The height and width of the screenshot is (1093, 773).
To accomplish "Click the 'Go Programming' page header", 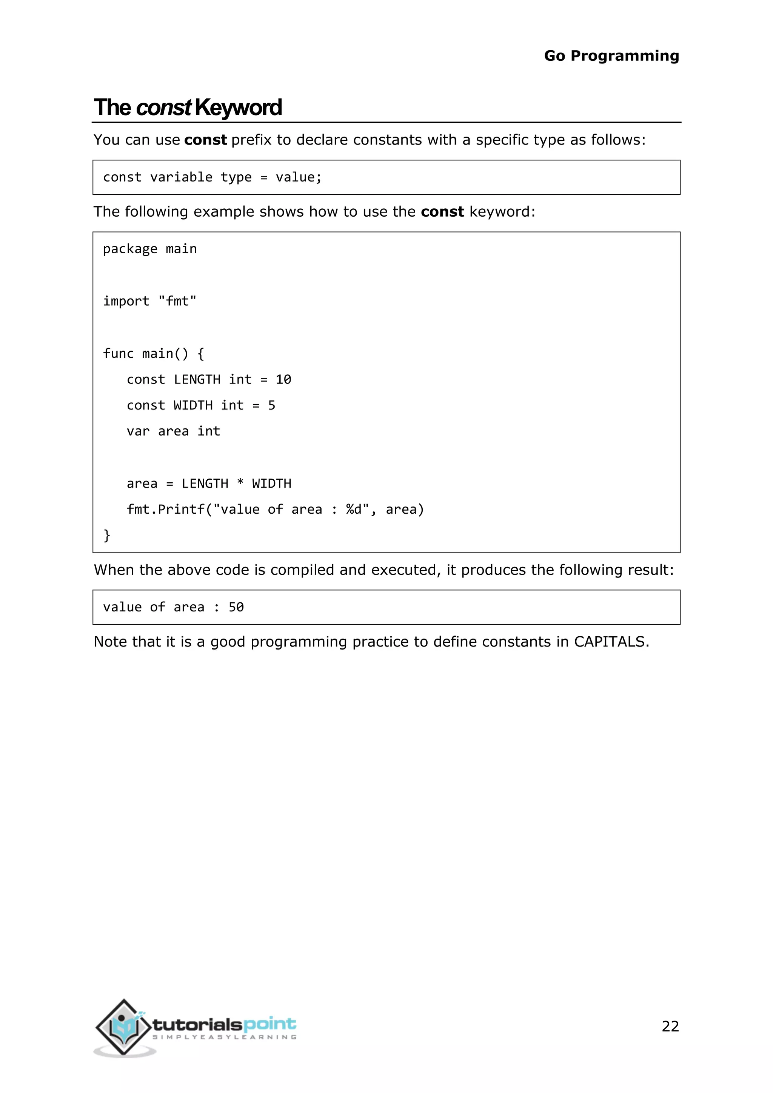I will coord(611,56).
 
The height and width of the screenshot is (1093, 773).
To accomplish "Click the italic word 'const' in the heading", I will coord(163,108).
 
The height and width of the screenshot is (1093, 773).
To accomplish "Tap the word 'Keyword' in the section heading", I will coord(238,108).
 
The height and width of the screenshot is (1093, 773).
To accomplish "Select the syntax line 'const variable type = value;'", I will coord(212,177).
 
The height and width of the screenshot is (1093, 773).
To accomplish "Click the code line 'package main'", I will coord(149,249).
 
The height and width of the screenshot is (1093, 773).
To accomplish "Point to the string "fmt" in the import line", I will coord(177,301).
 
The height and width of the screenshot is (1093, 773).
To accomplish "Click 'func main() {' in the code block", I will coord(153,353).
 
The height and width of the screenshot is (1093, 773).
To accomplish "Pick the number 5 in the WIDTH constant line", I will coord(271,405).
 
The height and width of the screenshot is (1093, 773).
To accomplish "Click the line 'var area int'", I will coord(173,431).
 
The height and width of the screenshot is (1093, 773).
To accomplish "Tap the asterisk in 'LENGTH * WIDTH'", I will coord(240,482).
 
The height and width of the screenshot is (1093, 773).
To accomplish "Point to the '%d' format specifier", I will coord(354,510).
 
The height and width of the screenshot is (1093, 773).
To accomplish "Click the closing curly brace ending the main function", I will coord(106,536).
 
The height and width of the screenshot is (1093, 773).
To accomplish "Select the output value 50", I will coord(236,607).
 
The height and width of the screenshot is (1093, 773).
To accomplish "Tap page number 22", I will coord(670,1026).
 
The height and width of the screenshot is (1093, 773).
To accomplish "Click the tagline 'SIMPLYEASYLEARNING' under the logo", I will coord(224,1037).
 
